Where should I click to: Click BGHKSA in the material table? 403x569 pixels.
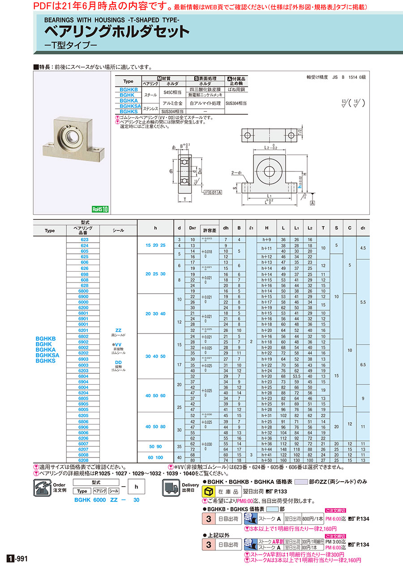pos(128,106)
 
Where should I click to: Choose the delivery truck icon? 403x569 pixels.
pos(171,488)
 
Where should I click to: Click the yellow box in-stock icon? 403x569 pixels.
pos(209,492)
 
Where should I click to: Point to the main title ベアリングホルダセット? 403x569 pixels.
pos(116,32)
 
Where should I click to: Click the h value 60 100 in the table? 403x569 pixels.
pos(155,457)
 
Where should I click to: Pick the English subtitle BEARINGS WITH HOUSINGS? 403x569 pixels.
pos(111,20)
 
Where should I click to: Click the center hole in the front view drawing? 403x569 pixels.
pos(270,171)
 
